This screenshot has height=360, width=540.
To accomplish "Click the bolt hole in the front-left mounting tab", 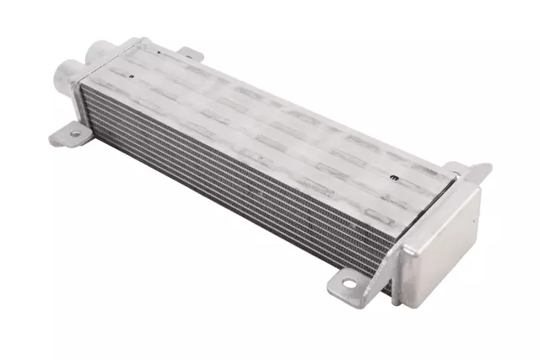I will point(74,133).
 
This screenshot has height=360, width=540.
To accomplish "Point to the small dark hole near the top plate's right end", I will point(394,178).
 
